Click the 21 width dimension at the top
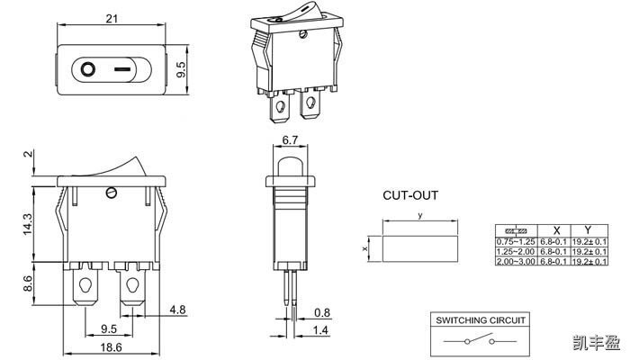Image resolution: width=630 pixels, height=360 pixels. coord(112,18)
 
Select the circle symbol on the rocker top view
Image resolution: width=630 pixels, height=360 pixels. coord(88,67)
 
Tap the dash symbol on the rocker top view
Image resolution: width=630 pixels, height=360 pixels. coord(123,67)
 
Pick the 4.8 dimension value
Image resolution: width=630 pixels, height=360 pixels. coord(177,310)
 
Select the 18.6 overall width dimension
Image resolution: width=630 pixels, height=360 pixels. coord(112,346)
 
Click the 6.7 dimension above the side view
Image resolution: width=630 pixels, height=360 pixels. coord(291,140)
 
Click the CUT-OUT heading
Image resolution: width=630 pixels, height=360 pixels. coord(410,195)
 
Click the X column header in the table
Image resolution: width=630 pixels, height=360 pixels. coord(556,230)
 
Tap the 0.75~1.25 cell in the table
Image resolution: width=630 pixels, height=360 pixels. coord(517,242)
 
